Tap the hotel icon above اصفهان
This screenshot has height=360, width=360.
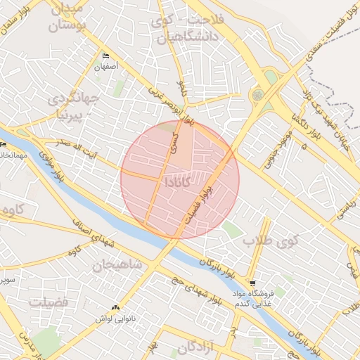coord(106,56)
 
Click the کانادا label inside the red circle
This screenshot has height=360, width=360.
coord(175,181)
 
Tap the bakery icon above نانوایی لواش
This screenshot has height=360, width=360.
coord(115,307)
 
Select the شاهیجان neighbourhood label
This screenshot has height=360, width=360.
coord(117,264)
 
